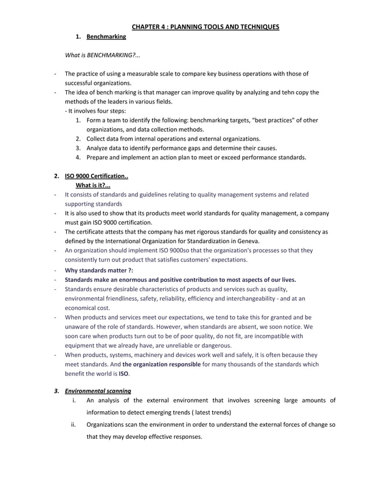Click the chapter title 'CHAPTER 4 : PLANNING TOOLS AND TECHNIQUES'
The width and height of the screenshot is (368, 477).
pos(205,27)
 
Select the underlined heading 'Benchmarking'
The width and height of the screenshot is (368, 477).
pos(106,37)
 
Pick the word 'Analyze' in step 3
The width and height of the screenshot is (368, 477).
pos(97,148)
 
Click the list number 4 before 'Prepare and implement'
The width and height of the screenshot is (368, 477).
pos(78,157)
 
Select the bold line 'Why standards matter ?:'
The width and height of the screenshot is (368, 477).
pos(99,269)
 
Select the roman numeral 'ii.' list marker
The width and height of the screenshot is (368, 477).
pos(74,424)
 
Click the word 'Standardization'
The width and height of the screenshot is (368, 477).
pos(203,241)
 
